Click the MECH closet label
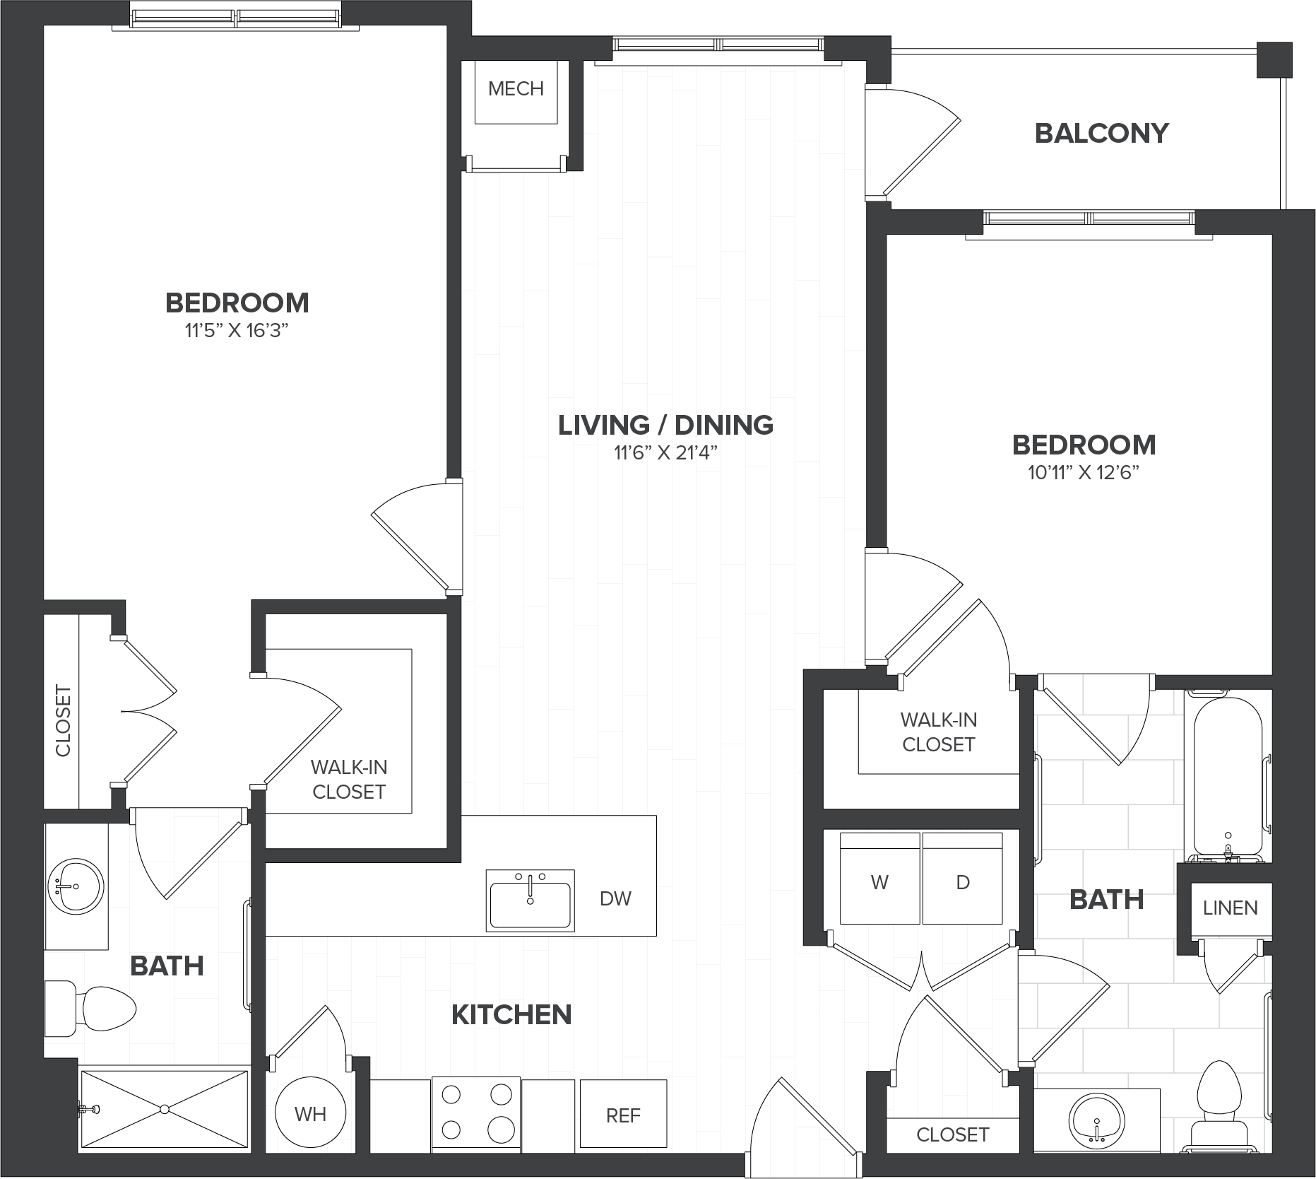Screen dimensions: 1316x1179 click(x=516, y=89)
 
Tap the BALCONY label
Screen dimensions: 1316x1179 click(x=1101, y=133)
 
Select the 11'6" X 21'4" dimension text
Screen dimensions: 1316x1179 click(x=665, y=452)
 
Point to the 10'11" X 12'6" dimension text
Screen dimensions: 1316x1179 click(x=1084, y=472)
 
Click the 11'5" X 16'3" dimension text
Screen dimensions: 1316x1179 click(x=237, y=330)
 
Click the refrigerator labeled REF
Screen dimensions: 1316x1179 click(x=623, y=1113)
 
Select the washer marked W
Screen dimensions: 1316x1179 click(x=879, y=878)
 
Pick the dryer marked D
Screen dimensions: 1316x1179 click(x=962, y=878)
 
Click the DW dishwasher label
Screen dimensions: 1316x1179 click(x=615, y=898)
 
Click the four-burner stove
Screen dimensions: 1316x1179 click(x=476, y=1113)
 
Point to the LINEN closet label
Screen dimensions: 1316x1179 click(x=1230, y=908)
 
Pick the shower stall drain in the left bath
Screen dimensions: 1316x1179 click(x=165, y=1109)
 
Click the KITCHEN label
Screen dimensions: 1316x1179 click(x=511, y=1015)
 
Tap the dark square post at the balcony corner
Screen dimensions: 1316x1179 click(x=1274, y=59)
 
